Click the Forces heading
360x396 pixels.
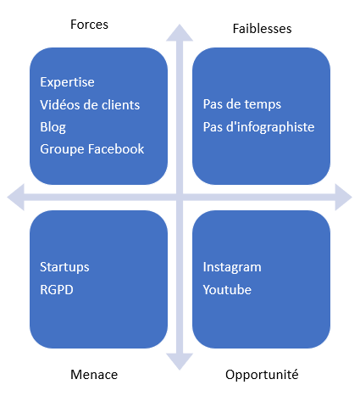point(89,25)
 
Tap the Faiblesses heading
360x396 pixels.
point(262,29)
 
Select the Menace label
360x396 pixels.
point(94,375)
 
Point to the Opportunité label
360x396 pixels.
point(262,375)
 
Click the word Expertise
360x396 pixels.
point(67,82)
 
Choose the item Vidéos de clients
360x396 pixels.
point(90,105)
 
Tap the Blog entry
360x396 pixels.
point(53,127)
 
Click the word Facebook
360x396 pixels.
point(116,149)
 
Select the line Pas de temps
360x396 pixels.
point(242,104)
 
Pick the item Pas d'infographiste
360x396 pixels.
point(258,127)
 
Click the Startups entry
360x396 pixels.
point(64,267)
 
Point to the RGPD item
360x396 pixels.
point(57,290)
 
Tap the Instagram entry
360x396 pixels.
point(232,267)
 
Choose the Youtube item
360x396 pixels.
point(227,290)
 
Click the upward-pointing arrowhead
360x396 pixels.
point(180,32)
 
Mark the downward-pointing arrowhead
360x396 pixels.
point(180,362)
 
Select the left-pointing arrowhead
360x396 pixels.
point(15,197)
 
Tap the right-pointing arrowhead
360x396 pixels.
point(344,197)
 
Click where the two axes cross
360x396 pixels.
point(180,197)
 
